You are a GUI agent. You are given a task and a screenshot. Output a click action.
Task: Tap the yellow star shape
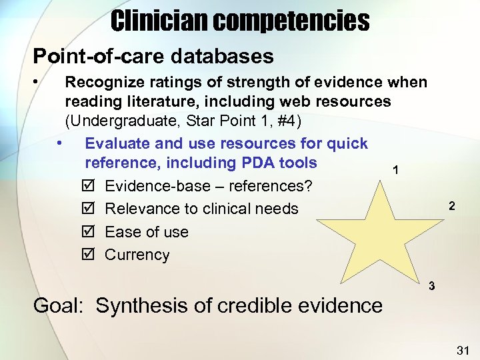coord(387,230)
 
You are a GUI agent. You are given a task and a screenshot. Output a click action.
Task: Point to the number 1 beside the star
coord(396,170)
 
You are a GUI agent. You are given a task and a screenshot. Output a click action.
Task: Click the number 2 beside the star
coord(451,207)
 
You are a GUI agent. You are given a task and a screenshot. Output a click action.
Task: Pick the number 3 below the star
coord(432,286)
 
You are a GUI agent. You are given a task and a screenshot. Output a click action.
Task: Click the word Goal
coord(58,306)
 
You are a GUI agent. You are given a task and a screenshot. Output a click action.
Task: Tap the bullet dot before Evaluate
coord(61,143)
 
